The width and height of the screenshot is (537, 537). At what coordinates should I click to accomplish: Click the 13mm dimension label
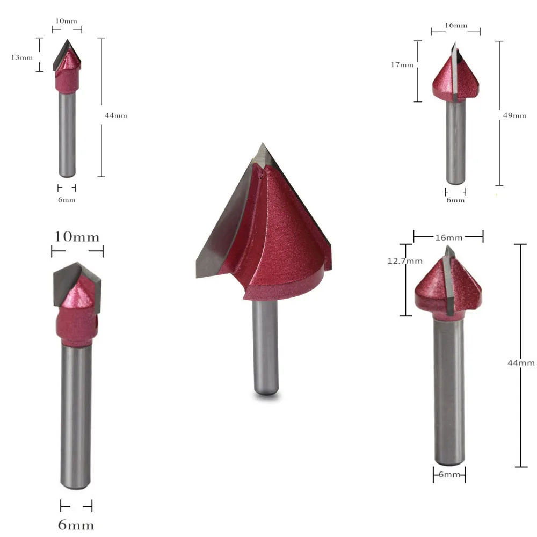[22, 57]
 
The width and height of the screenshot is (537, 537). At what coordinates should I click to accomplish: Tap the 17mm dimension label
[402, 65]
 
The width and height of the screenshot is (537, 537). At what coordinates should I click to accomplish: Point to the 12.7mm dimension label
[405, 262]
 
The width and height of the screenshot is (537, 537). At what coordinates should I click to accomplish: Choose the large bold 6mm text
[76, 525]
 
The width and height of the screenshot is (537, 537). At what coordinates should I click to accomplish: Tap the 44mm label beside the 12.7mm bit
[521, 362]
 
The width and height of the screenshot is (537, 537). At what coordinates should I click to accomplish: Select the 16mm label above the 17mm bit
[456, 25]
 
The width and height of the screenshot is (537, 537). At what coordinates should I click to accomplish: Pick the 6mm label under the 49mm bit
[455, 200]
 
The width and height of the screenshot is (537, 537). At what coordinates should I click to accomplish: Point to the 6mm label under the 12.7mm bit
[449, 475]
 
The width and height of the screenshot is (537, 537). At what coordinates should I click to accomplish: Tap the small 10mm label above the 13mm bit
[67, 21]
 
